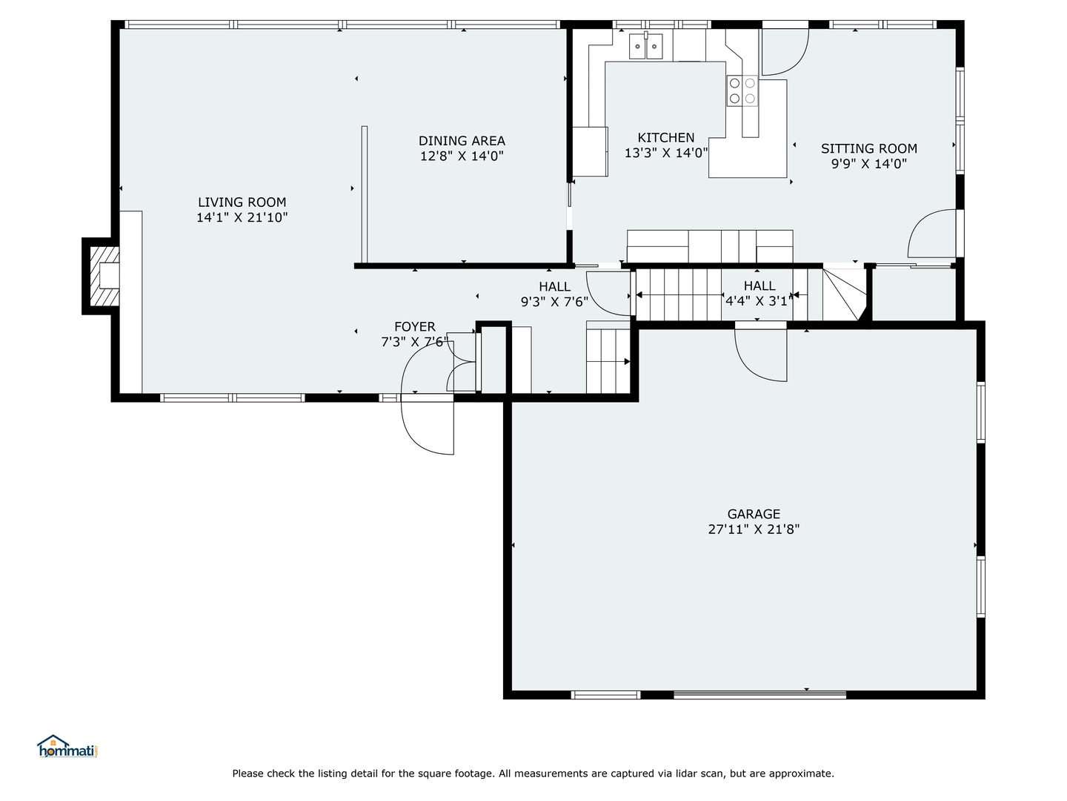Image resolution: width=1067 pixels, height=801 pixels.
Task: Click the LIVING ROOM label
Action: (x=242, y=202)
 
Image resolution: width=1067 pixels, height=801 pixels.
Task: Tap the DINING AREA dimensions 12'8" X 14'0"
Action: (x=462, y=156)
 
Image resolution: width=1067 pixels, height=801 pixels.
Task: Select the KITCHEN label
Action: (x=666, y=137)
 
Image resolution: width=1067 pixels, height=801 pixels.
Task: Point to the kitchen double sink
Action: (x=646, y=47)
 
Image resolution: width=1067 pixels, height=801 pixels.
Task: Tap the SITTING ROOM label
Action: (x=868, y=148)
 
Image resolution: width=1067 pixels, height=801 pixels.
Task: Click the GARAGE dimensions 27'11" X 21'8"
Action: (x=754, y=530)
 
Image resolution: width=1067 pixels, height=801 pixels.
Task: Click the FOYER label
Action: (x=414, y=326)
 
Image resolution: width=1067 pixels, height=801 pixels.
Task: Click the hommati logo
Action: (x=67, y=746)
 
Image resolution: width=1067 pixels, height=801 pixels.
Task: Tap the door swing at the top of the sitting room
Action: (x=784, y=52)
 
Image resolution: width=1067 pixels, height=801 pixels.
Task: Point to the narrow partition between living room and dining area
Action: (x=364, y=193)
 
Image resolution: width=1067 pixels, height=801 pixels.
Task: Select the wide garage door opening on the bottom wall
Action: (x=759, y=695)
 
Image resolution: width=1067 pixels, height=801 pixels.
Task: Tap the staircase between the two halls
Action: (x=678, y=295)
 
